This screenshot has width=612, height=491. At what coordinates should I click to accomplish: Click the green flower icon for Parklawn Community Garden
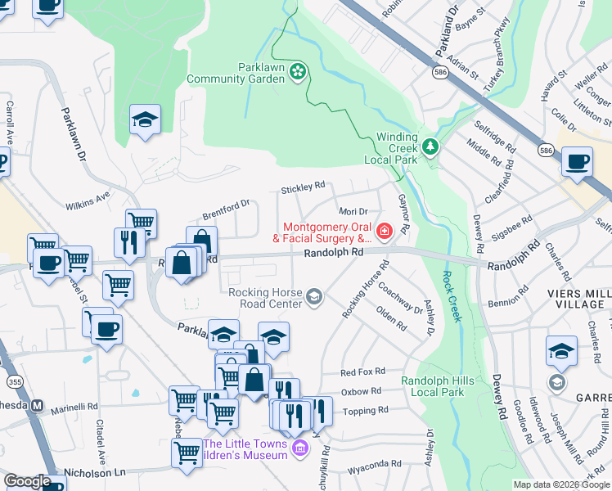[298, 74]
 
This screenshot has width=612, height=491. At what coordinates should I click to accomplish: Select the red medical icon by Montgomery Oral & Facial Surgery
[383, 232]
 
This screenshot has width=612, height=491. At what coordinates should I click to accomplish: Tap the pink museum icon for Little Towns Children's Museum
[299, 448]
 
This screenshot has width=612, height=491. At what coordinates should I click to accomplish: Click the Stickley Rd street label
[303, 187]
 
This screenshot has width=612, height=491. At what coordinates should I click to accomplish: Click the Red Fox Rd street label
[362, 372]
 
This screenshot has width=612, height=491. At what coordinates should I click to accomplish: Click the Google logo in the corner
[27, 481]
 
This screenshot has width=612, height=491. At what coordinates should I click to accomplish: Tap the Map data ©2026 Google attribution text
[561, 484]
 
